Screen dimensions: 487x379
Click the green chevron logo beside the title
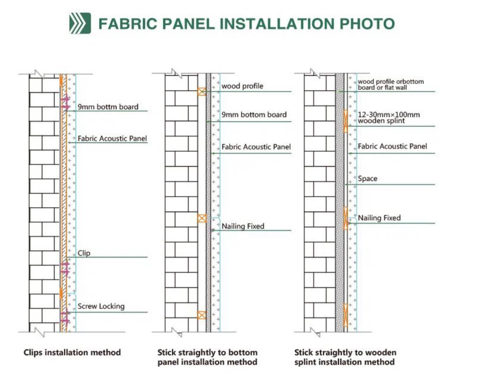[x=80, y=23]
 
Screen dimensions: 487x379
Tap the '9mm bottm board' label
[x=108, y=107]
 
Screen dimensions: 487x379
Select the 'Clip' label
[x=84, y=253]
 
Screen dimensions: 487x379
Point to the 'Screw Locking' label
[x=101, y=306]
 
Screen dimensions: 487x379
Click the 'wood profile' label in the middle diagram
[x=242, y=86]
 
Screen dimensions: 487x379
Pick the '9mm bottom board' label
[x=254, y=115]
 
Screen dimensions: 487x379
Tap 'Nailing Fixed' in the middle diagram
[x=243, y=226]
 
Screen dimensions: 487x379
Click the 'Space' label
[x=368, y=179]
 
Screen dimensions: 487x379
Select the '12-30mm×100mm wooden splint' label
[x=389, y=117]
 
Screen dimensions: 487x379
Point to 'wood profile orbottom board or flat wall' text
[x=391, y=84]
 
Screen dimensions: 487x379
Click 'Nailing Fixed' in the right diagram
[x=379, y=218]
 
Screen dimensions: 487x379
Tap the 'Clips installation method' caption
[x=72, y=353]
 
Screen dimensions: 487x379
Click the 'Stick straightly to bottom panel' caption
[x=208, y=357]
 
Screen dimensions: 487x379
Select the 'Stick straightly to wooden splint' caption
[x=345, y=357]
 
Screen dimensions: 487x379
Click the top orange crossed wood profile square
[x=202, y=92]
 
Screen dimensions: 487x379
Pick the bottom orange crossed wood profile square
[x=202, y=316]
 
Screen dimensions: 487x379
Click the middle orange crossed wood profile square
[x=202, y=218]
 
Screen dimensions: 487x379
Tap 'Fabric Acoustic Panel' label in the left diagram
[x=112, y=138]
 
